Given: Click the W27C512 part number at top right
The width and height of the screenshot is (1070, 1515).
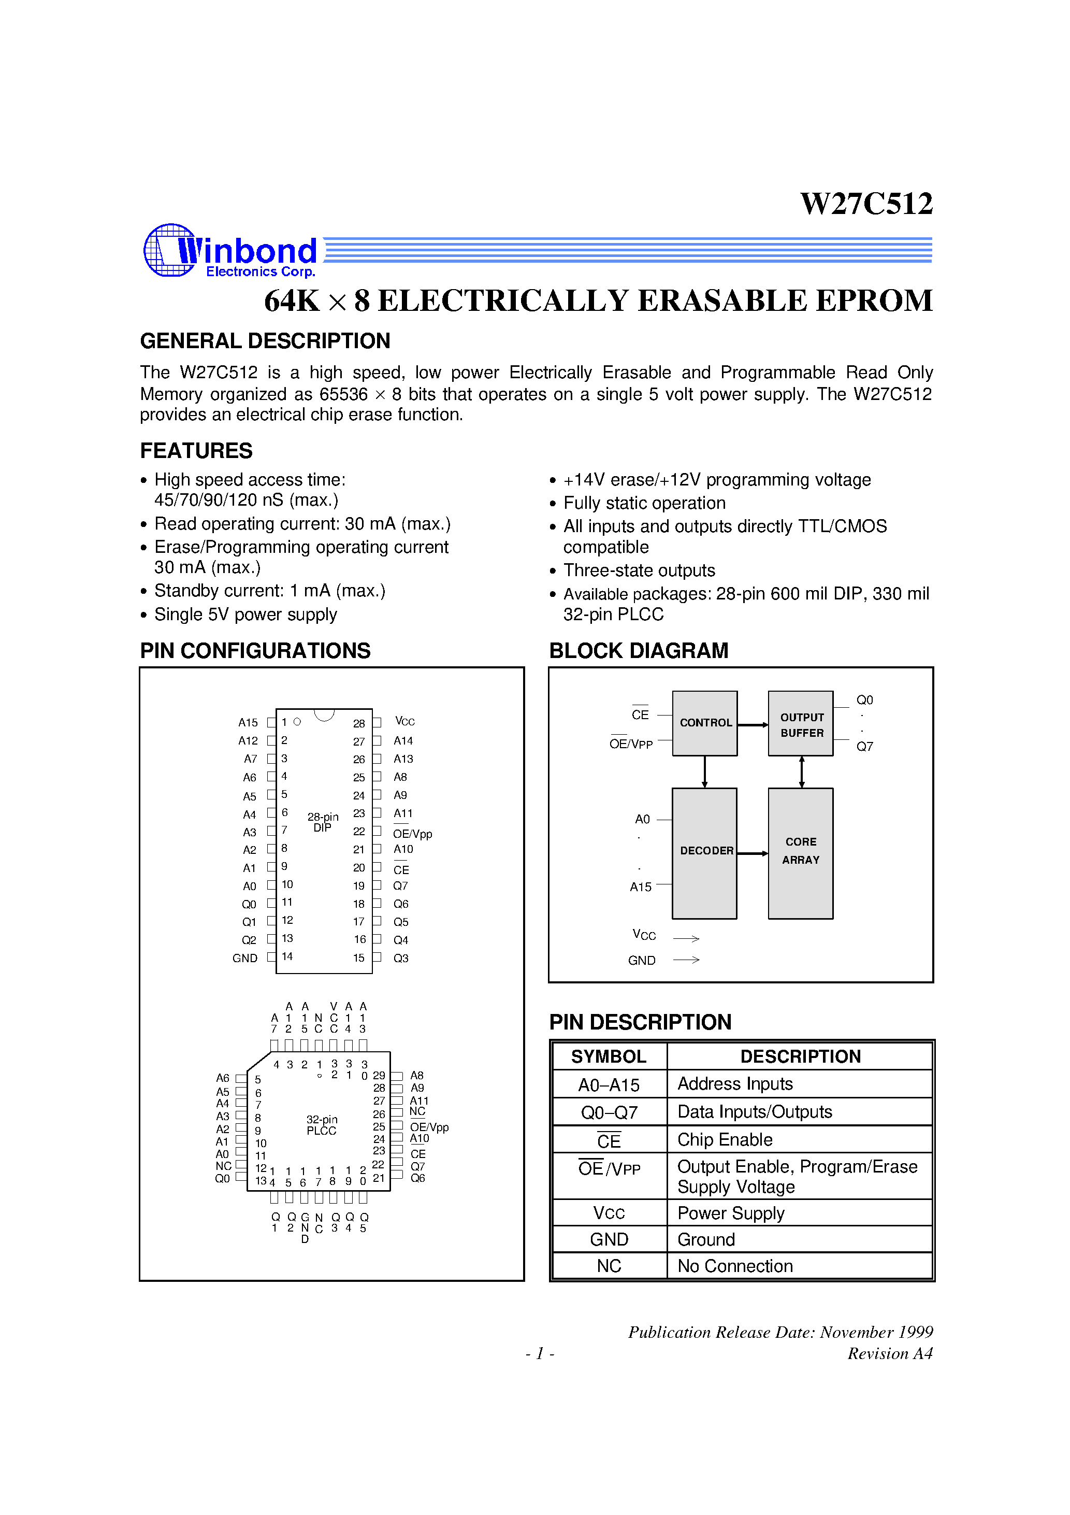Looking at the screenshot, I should pos(865,204).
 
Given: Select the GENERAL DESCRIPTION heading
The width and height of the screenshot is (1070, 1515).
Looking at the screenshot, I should pos(265,341).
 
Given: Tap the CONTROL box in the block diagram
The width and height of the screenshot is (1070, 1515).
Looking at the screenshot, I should pos(704,723).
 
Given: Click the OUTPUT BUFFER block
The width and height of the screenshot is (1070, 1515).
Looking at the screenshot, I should pos(800,724).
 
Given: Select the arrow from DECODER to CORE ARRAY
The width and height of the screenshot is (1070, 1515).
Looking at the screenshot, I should pos(753,853).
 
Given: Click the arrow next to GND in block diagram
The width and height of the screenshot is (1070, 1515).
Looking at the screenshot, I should pos(686,960).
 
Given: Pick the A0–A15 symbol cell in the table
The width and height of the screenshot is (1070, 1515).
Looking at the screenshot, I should pos(609,1085).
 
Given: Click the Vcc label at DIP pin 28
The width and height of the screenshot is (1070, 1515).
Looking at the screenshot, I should pos(404,721).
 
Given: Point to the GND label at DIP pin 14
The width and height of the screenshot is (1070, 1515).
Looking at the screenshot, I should pos(245,958).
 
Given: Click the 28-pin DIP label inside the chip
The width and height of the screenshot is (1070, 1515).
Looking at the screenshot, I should pos(323,822).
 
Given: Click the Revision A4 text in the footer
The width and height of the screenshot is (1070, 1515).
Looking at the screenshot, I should pos(889,1354).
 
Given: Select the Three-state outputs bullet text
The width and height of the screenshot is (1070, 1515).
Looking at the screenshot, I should pos(639,571).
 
